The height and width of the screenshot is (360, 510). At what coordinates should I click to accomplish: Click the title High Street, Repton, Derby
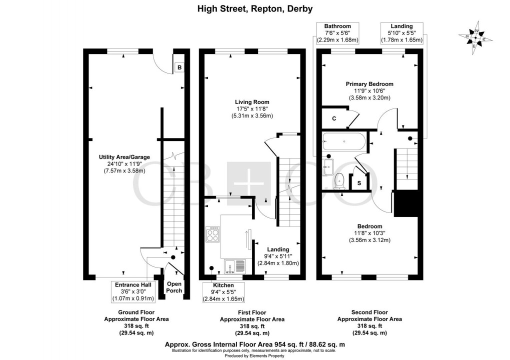click(x=255, y=8)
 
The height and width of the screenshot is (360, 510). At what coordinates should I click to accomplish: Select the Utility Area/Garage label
click(x=124, y=164)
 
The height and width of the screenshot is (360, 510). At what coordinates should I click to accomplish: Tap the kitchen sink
click(x=233, y=267)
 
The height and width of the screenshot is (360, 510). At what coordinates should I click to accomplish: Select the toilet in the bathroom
click(x=339, y=180)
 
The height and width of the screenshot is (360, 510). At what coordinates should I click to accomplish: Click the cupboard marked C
click(x=334, y=118)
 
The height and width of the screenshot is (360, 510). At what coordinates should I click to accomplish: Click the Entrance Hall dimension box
click(x=131, y=291)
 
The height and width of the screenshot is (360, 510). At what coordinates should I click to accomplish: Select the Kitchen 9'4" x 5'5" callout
click(x=223, y=292)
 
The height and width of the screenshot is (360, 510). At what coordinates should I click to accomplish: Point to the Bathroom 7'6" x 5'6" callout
click(x=337, y=33)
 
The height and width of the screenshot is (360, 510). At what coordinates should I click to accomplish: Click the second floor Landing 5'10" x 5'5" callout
click(x=401, y=33)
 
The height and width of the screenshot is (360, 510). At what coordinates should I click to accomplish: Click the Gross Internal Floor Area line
click(x=255, y=344)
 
